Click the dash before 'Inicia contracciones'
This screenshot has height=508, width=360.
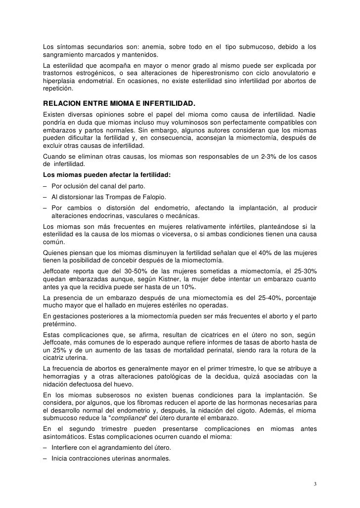[45, 458]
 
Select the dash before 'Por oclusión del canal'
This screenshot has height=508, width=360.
[45, 185]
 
